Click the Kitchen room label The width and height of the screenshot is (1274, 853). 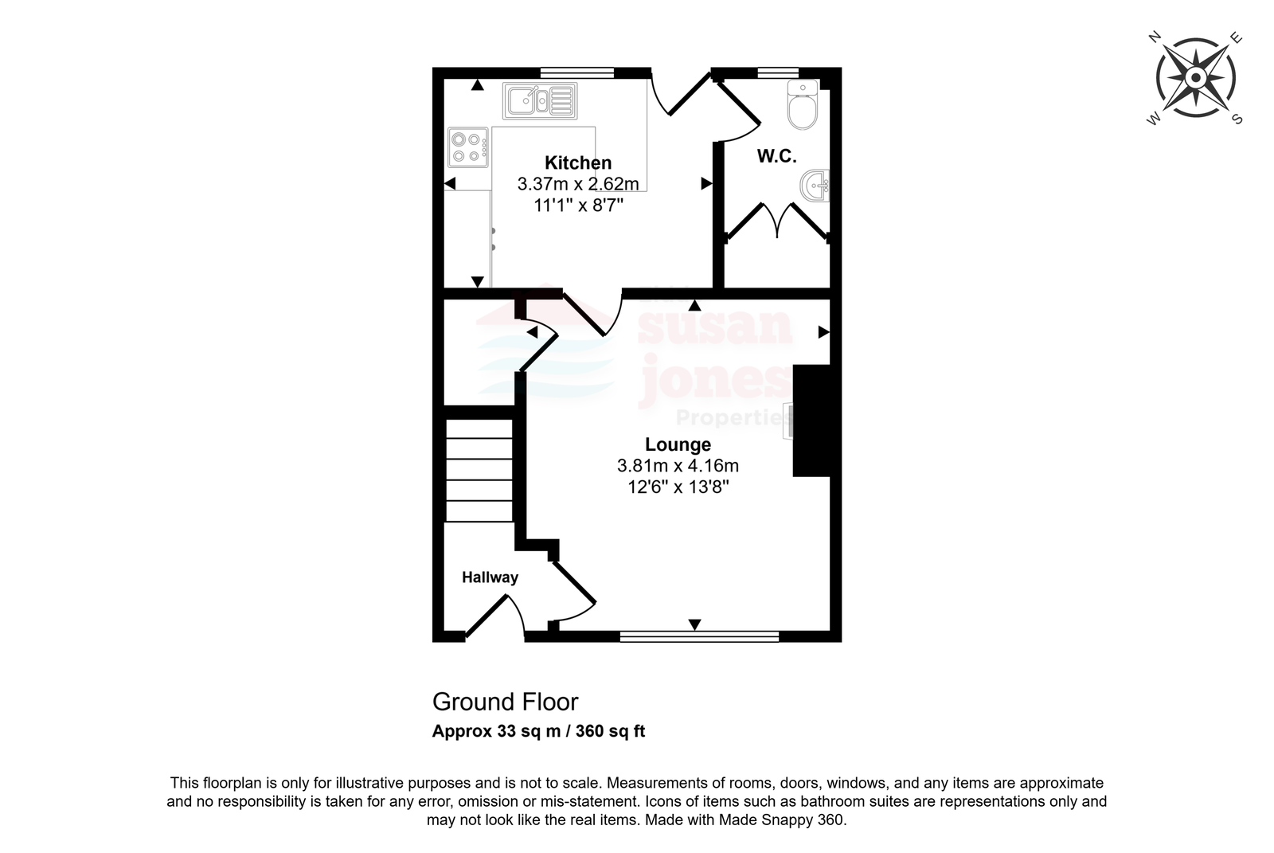pyautogui.click(x=578, y=162)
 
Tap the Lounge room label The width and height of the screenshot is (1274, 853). pyautogui.click(x=678, y=444)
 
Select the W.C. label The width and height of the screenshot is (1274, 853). pyautogui.click(x=776, y=156)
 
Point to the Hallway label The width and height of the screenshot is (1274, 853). pyautogui.click(x=490, y=577)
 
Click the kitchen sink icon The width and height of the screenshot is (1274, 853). pyautogui.click(x=540, y=101)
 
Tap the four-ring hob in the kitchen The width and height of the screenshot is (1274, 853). pyautogui.click(x=468, y=147)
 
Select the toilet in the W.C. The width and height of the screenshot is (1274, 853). pyautogui.click(x=803, y=104)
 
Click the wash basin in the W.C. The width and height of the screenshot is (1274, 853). pyautogui.click(x=815, y=186)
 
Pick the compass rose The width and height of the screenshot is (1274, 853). pyautogui.click(x=1195, y=78)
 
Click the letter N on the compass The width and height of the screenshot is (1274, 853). pyautogui.click(x=1154, y=37)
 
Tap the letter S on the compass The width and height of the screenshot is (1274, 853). pyautogui.click(x=1237, y=119)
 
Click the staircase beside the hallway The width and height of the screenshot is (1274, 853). pyautogui.click(x=479, y=470)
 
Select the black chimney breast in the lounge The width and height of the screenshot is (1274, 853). pyautogui.click(x=811, y=421)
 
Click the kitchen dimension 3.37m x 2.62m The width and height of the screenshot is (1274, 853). pyautogui.click(x=578, y=184)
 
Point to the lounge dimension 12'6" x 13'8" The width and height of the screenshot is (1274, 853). pyautogui.click(x=678, y=487)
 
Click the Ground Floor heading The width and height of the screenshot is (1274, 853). pyautogui.click(x=505, y=702)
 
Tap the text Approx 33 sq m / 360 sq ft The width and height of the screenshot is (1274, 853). pyautogui.click(x=538, y=731)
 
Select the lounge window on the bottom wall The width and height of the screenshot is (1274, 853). pyautogui.click(x=699, y=636)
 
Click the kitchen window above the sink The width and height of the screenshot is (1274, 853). pyautogui.click(x=576, y=72)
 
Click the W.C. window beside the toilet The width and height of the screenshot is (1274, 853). pyautogui.click(x=778, y=72)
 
